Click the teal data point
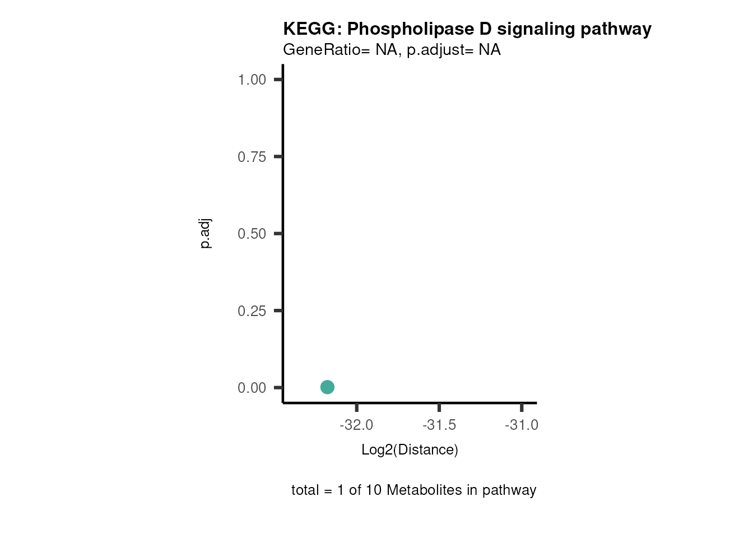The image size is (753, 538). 327,387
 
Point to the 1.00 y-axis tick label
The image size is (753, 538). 252,80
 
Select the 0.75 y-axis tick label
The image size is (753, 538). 252,157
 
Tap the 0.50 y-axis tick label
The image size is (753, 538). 252,234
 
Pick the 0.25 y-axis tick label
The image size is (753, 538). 252,311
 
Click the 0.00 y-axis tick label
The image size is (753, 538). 252,388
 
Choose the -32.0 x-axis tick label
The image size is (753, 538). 356,425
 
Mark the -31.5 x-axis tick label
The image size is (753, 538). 439,425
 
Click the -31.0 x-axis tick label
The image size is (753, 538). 522,425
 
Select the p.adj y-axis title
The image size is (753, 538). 206,234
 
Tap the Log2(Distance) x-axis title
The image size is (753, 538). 410,449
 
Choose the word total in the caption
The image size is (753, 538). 305,490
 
